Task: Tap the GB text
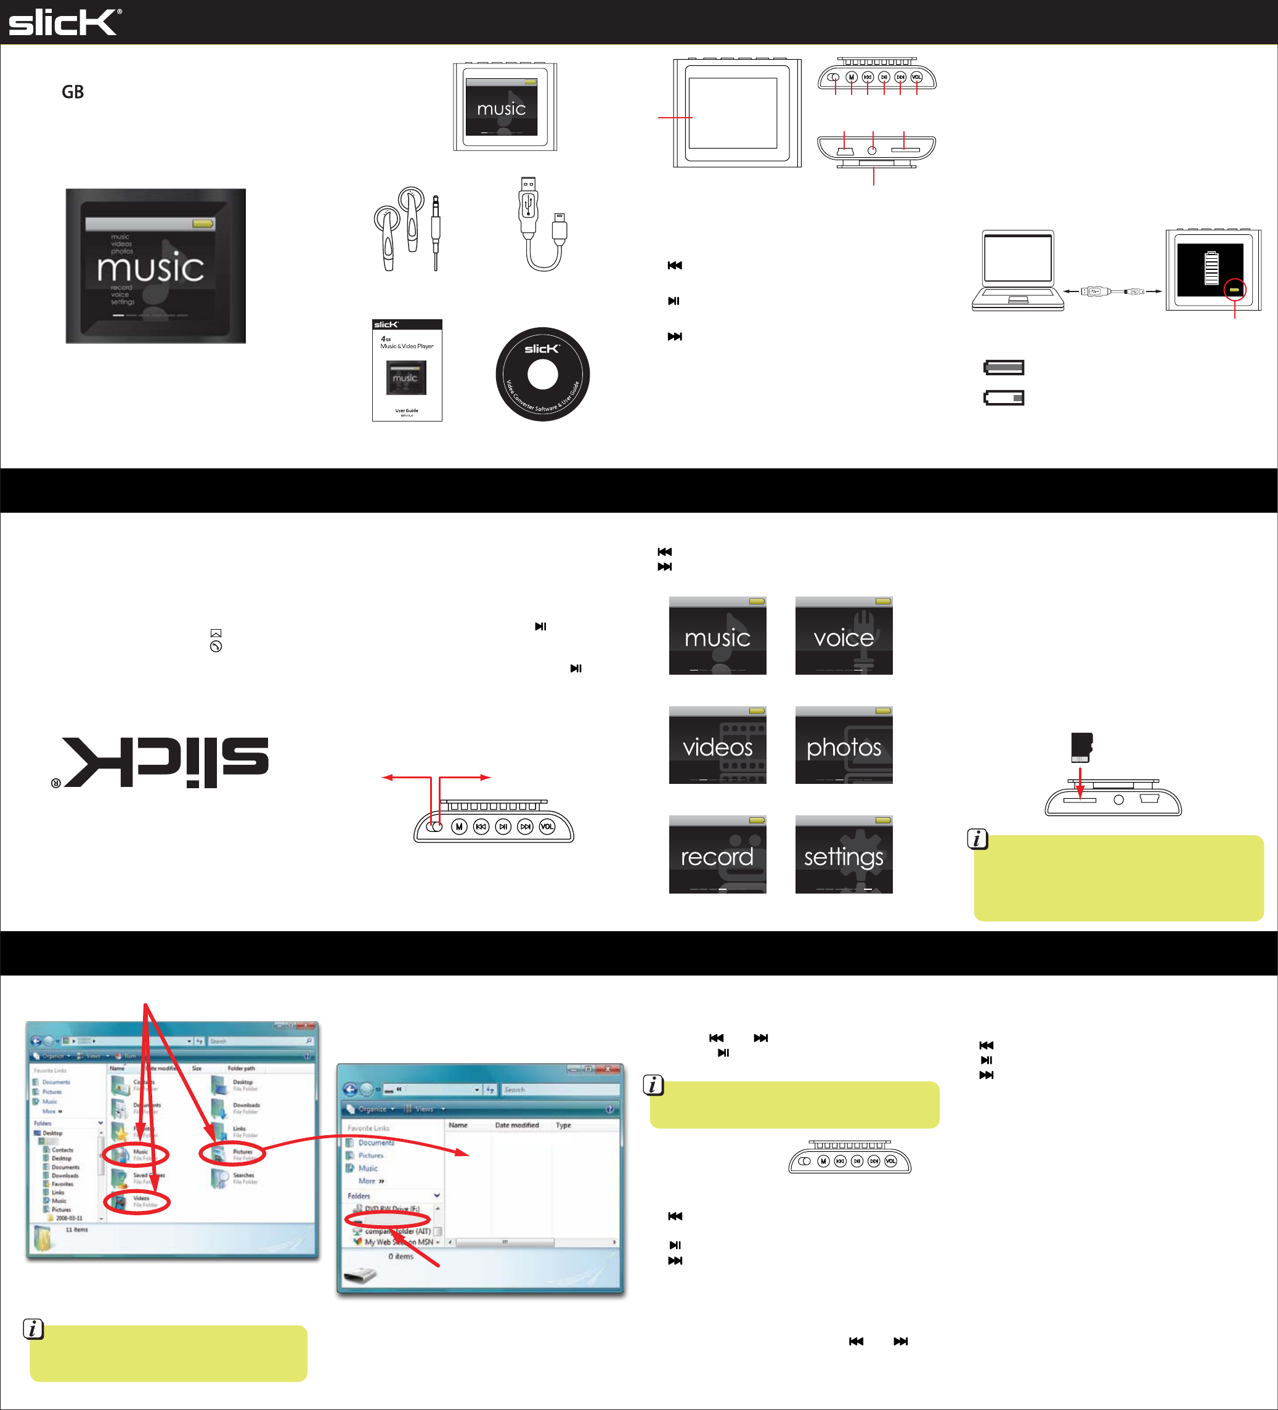click(73, 92)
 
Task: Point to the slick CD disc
click(542, 374)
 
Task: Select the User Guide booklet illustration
click(407, 370)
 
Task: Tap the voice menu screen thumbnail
click(844, 636)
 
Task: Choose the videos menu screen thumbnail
click(717, 746)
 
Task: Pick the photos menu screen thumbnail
click(844, 746)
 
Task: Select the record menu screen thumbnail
click(717, 855)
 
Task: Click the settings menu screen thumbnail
click(844, 855)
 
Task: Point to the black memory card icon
click(1081, 748)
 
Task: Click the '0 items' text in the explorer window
click(401, 1256)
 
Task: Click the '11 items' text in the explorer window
click(77, 1229)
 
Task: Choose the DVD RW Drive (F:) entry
click(391, 1208)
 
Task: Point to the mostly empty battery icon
click(1004, 398)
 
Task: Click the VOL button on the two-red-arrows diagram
click(547, 826)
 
